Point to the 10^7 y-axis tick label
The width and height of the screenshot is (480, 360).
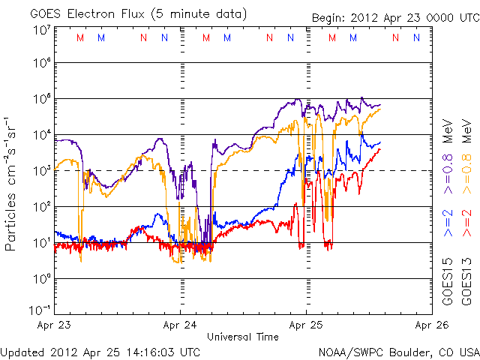coord(40,30)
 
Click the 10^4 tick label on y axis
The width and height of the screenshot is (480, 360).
coord(40,135)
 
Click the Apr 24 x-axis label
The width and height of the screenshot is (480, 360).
coord(181,325)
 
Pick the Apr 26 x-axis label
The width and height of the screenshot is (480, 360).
coord(431,325)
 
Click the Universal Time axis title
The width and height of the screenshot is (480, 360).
coord(243,337)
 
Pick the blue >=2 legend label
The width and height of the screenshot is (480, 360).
coord(448,224)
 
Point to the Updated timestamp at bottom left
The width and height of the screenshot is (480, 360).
coord(100,352)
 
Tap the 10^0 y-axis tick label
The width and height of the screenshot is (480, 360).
coord(40,279)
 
